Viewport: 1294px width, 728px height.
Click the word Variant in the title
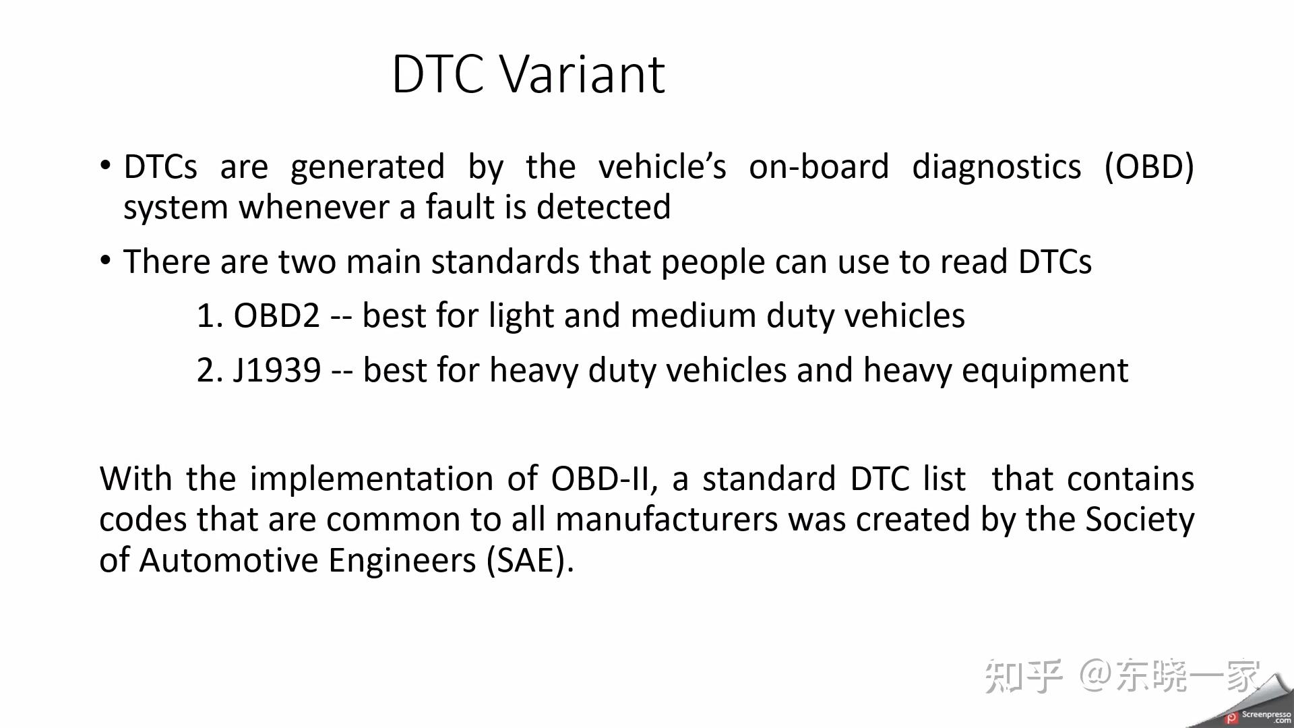(583, 74)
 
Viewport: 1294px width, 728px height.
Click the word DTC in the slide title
(438, 74)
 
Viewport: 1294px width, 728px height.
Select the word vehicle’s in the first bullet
(663, 166)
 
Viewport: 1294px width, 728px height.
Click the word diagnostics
(996, 166)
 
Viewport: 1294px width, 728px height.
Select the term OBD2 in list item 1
(276, 315)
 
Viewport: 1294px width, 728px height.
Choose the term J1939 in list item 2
(277, 370)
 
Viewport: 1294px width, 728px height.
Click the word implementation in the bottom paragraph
(371, 479)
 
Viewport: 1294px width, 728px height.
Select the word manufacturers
(667, 520)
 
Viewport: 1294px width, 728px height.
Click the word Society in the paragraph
(1140, 520)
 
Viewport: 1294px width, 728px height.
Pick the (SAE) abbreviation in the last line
(530, 561)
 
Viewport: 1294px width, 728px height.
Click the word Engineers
(402, 561)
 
